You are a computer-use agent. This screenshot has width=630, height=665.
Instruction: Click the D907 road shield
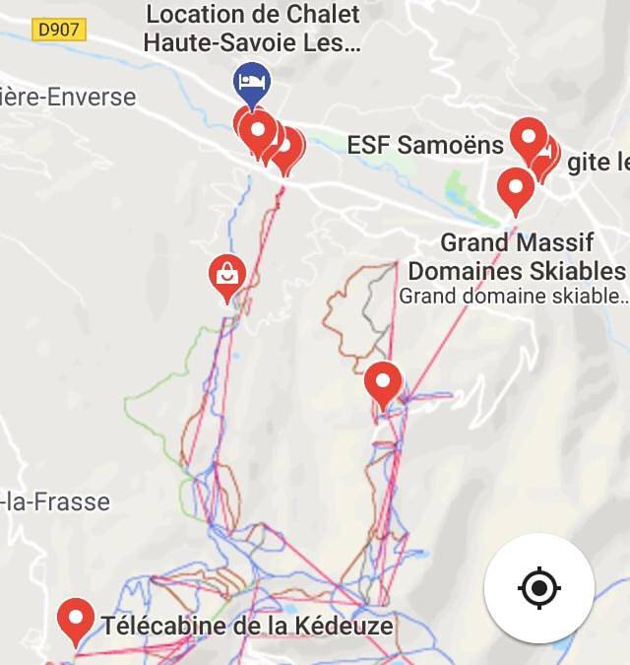point(59,31)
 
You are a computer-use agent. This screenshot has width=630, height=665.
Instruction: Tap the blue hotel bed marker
point(250,82)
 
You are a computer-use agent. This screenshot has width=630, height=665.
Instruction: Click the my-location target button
point(538,588)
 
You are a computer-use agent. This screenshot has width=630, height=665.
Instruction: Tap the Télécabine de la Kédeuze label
point(247,626)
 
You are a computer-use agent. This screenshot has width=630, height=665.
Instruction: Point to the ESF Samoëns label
point(425,145)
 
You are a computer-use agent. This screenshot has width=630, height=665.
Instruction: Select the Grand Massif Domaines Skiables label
point(517,256)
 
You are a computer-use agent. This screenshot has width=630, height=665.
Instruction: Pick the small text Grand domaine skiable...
point(512,295)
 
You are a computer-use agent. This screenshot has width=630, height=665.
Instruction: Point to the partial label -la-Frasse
point(55,501)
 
